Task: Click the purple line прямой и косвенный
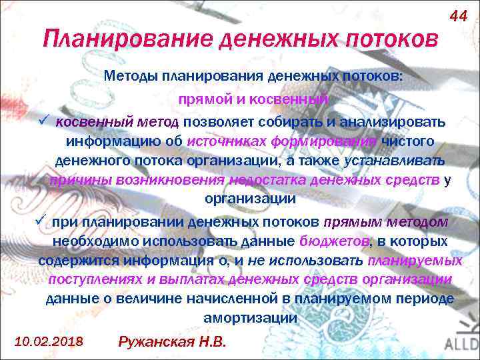(x=253, y=99)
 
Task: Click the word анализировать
(x=393, y=122)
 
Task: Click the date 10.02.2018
(x=48, y=341)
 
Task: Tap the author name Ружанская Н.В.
(x=172, y=342)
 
